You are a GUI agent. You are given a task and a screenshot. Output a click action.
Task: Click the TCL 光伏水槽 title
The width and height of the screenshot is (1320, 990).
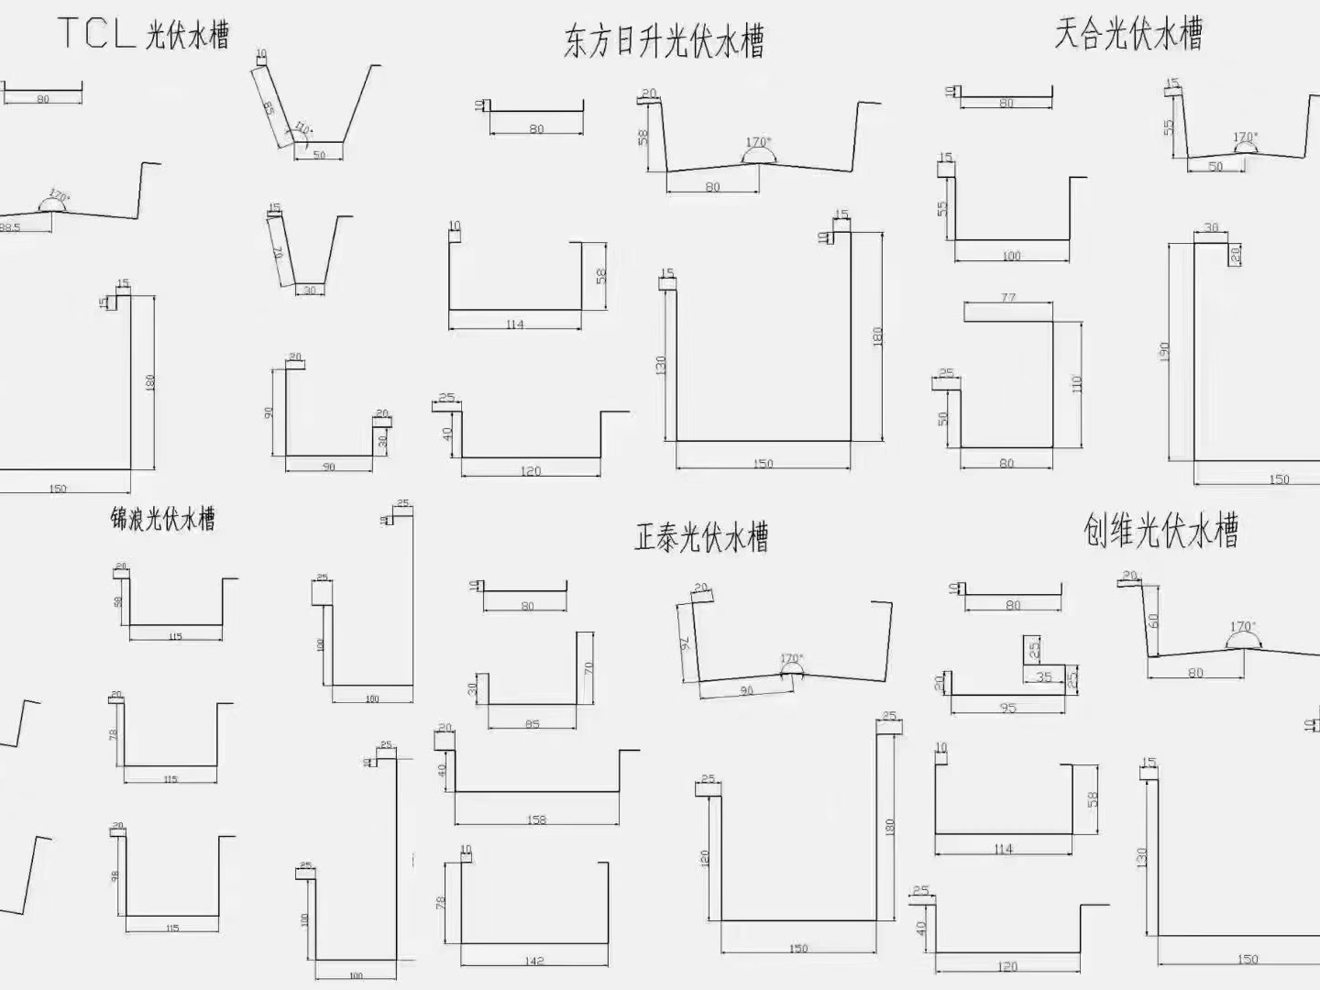[x=144, y=33]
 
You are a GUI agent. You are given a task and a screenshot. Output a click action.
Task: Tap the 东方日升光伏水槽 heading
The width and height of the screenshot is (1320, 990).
[x=664, y=42]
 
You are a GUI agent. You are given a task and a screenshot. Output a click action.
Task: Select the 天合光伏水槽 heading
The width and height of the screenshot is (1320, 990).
[x=1127, y=34]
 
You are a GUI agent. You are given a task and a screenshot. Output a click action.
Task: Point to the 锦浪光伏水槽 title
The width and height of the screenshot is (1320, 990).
[x=163, y=519]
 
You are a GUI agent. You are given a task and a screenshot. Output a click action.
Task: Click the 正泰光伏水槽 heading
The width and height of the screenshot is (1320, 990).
[x=701, y=536]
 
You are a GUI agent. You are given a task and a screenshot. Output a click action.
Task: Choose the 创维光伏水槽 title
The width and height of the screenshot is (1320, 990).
[x=1160, y=530]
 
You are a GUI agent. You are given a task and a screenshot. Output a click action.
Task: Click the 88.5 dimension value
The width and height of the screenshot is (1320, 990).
[x=9, y=227]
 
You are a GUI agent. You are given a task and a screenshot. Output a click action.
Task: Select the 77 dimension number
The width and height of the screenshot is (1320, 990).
[x=1008, y=297]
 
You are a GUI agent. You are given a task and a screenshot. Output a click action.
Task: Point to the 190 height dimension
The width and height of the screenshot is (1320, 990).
[x=1164, y=352]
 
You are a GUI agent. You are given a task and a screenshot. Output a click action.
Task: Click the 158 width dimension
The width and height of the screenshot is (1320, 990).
[x=536, y=819]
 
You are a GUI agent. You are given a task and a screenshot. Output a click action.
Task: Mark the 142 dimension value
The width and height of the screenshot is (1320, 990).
[x=533, y=961]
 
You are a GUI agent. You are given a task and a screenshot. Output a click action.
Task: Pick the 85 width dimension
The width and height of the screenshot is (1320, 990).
[x=533, y=724]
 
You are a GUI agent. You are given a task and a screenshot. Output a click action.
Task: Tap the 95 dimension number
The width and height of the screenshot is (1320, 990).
[x=1008, y=708]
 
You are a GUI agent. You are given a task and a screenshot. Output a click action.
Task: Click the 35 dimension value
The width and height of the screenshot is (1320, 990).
[x=1044, y=677]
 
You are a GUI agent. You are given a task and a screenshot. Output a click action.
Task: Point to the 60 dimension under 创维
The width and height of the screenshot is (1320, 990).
[x=1152, y=621]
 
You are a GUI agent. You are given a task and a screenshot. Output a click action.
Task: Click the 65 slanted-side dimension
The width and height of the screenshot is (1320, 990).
[x=268, y=107]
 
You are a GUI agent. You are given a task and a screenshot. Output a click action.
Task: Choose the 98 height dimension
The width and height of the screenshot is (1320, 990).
[x=115, y=875]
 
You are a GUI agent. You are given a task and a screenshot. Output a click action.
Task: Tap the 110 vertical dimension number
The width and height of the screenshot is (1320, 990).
[x=1077, y=383]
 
